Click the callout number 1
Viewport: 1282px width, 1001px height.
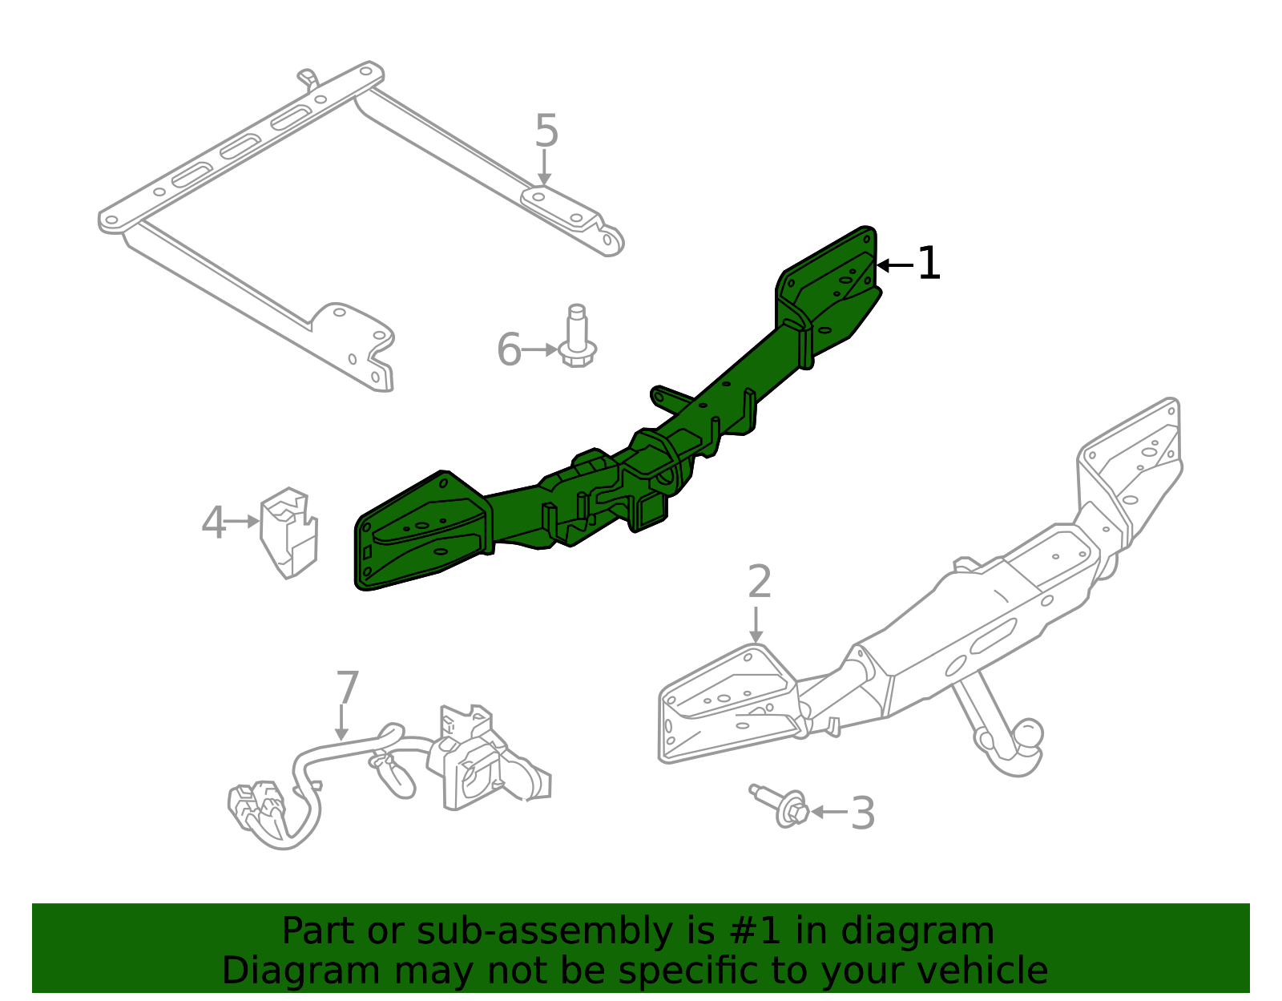coord(928,264)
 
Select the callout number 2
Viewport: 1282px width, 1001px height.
coord(759,582)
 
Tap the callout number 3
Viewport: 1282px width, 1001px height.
coord(862,813)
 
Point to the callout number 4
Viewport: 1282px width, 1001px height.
coord(213,523)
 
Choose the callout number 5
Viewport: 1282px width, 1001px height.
coord(546,131)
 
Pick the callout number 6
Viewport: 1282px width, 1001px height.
coord(509,350)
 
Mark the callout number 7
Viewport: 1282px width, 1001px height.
coord(347,688)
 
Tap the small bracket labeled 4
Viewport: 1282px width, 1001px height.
coord(289,532)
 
